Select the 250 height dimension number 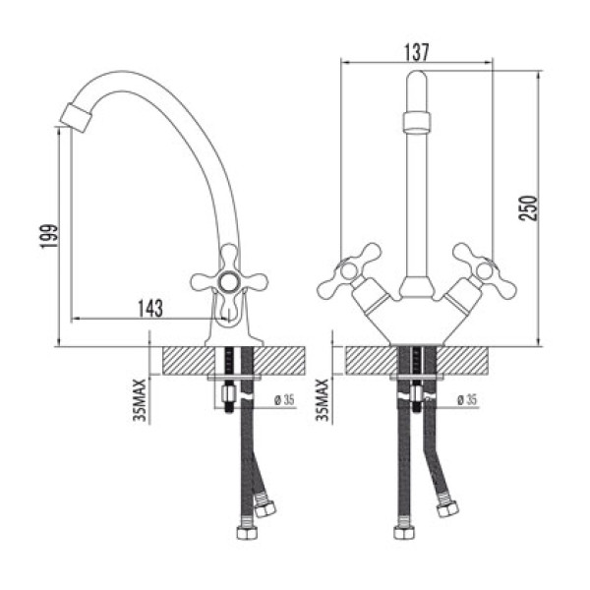coord(528,208)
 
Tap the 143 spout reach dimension coord(148,308)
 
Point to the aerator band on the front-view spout coord(417,123)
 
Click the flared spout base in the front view coord(417,288)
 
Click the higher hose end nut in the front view coord(448,508)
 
